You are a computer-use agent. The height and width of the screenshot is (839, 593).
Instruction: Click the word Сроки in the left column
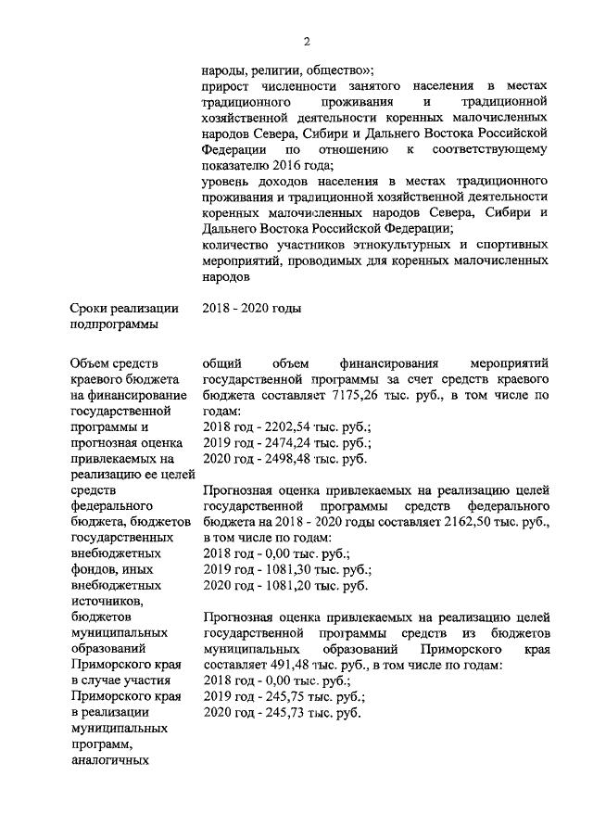coord(90,308)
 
